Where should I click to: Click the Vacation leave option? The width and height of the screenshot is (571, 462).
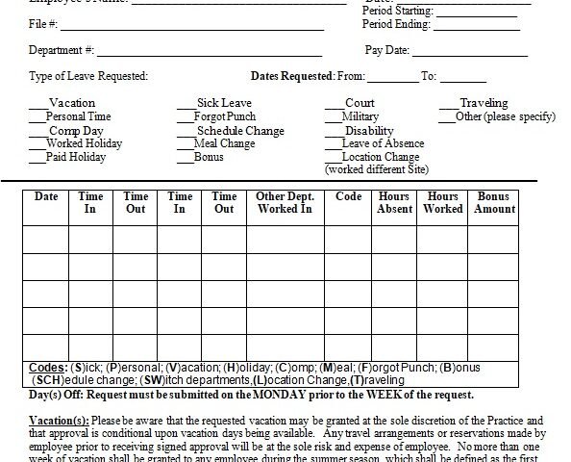71,103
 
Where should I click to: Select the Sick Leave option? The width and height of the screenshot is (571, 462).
224,103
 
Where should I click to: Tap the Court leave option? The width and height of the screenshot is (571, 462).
360,103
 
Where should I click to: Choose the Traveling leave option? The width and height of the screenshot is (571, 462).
484,103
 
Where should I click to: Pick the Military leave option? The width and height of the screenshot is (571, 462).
360,116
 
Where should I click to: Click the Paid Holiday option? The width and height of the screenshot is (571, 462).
76,157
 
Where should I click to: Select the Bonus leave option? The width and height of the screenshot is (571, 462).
209,157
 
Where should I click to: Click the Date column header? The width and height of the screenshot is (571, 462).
46,196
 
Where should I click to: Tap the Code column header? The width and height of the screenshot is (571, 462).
349,196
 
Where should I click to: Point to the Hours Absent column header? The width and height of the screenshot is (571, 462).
395,202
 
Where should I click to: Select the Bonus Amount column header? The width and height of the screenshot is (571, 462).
494,202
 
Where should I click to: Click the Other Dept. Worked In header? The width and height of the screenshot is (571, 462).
285,202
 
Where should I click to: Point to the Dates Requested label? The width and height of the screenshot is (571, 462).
292,76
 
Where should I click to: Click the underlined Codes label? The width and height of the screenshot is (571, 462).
48,368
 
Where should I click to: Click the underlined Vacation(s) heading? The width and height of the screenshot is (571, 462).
60,421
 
